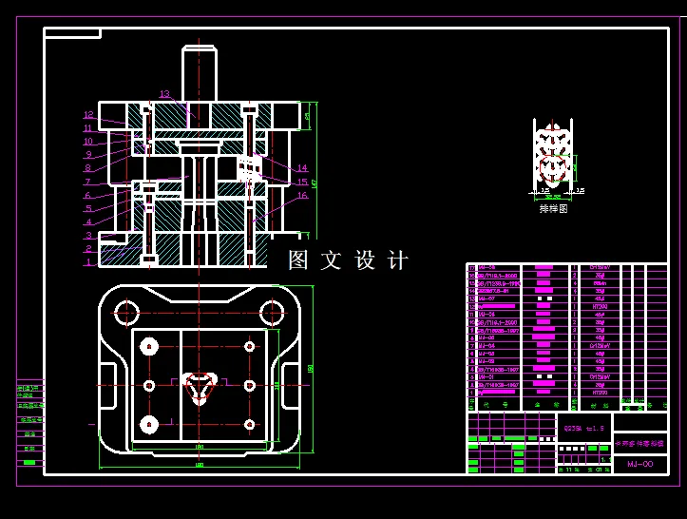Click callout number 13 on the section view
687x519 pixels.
164,94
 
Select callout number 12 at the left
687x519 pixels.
88,115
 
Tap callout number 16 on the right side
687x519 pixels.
302,196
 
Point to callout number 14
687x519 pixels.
302,168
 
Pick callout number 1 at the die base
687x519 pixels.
88,261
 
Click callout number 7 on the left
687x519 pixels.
87,182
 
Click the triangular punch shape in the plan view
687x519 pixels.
199,386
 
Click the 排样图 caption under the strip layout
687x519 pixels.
552,208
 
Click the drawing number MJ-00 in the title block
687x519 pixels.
639,464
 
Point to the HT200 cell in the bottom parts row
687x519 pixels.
599,392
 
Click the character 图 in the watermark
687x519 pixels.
298,260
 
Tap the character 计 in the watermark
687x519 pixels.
398,260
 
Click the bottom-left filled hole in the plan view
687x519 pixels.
148,424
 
